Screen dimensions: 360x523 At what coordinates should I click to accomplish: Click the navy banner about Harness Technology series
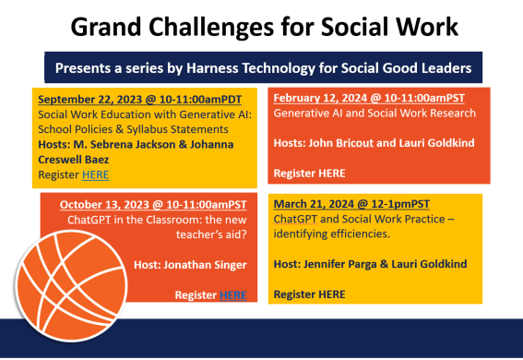click(x=261, y=67)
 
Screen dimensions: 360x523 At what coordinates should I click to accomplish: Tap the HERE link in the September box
click(x=94, y=174)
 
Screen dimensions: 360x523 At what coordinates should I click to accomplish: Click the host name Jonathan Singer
click(x=211, y=264)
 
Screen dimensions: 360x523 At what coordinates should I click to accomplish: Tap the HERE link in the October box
click(x=232, y=294)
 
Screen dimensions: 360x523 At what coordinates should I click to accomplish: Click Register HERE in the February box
click(x=310, y=173)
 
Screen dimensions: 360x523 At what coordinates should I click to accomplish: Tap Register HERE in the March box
click(x=310, y=294)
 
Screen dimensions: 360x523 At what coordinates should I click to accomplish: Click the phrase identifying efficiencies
click(x=322, y=234)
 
